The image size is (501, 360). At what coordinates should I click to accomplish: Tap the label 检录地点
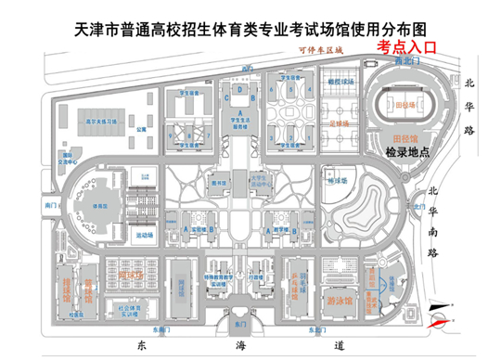(408, 151)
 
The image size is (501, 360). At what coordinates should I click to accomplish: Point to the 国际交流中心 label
(64, 155)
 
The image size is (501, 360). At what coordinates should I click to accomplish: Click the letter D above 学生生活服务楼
(240, 90)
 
